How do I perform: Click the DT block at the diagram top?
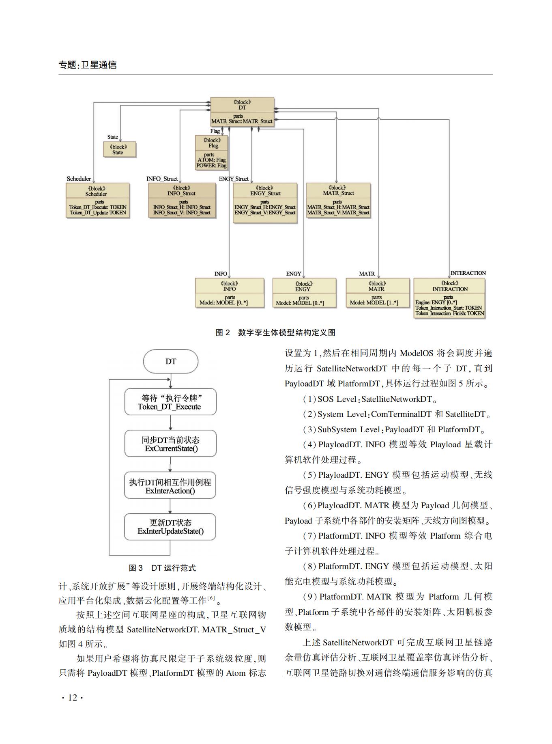(242, 111)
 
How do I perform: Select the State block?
(120, 149)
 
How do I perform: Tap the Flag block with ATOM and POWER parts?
(211, 152)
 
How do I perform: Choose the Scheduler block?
(98, 200)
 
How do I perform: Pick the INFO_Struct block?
(182, 200)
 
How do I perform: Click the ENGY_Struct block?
(265, 203)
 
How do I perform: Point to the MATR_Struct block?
(338, 200)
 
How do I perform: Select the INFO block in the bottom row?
(230, 293)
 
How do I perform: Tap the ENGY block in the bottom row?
(304, 293)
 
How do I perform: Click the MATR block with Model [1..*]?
(378, 293)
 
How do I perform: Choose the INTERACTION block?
(449, 298)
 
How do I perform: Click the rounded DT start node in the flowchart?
(171, 361)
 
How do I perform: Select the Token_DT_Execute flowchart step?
(170, 402)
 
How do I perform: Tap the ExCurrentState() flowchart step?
(170, 444)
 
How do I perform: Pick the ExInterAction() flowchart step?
(170, 485)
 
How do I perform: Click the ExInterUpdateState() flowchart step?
(170, 527)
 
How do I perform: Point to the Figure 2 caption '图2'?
(223, 332)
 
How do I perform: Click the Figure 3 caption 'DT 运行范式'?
(174, 568)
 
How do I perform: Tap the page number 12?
(73, 697)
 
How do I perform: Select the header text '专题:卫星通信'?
(88, 65)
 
